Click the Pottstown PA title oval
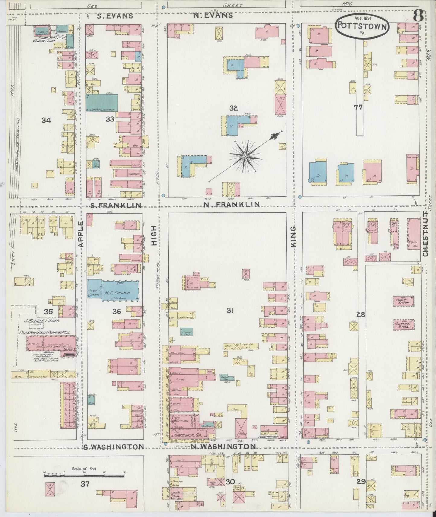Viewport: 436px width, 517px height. click(x=362, y=26)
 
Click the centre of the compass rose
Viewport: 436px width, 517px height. click(x=245, y=156)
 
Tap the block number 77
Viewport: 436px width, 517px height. click(x=358, y=107)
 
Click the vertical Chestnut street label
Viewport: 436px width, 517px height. click(x=425, y=234)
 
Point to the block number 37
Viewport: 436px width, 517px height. click(x=85, y=484)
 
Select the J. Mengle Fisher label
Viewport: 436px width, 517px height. click(x=41, y=321)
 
